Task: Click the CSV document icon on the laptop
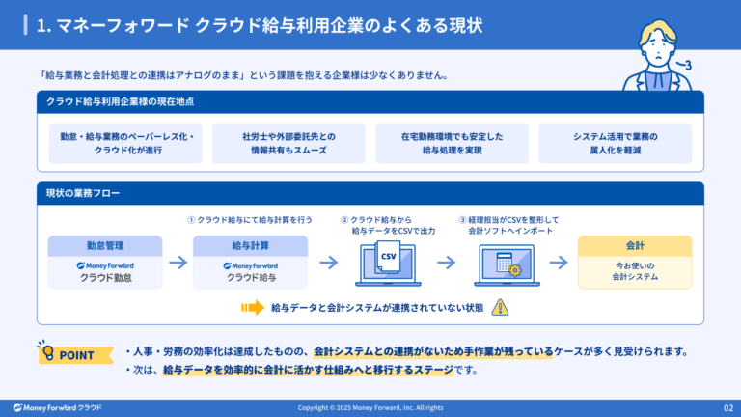tap(388, 260)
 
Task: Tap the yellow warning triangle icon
tap(500, 307)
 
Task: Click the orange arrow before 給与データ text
tap(253, 308)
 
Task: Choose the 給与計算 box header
tap(250, 245)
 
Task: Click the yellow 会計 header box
tap(635, 245)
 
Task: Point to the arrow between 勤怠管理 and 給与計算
tap(178, 262)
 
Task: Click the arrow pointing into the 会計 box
tap(560, 262)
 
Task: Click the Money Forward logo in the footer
tap(57, 407)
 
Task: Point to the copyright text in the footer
tap(370, 407)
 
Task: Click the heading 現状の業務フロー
tap(83, 194)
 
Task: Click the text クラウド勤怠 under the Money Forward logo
tap(106, 278)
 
